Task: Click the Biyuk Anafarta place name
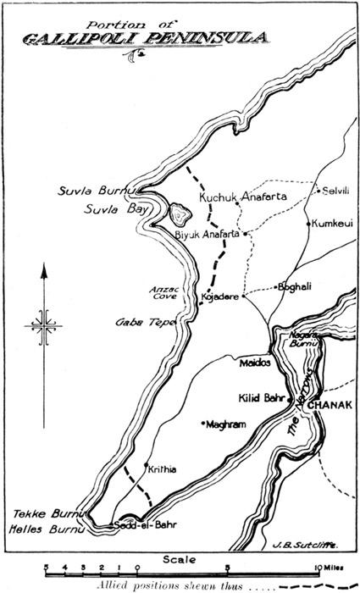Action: click(x=208, y=234)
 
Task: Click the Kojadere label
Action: click(x=219, y=298)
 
